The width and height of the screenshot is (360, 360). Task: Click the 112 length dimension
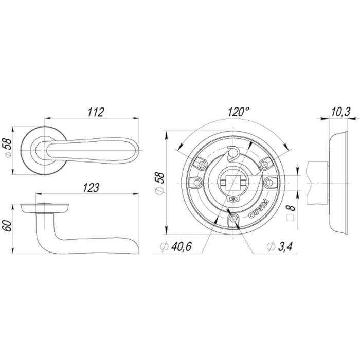point(96,112)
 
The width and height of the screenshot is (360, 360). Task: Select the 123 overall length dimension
point(91,188)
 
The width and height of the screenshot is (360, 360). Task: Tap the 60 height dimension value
point(7,226)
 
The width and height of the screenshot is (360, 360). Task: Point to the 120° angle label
point(239,112)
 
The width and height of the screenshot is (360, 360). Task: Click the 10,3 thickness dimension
point(340,112)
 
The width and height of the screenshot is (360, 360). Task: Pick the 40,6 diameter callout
point(176,246)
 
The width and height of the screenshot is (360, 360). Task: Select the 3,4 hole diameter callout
point(280,246)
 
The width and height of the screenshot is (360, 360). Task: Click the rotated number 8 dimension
point(291,208)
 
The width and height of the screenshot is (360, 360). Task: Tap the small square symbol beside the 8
point(291,218)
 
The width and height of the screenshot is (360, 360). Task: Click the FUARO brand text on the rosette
point(259,208)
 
